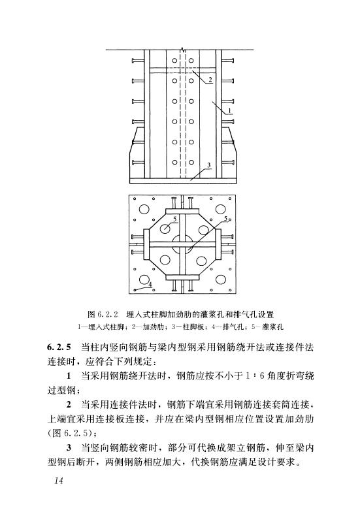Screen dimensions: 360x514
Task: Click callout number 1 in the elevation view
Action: [230, 111]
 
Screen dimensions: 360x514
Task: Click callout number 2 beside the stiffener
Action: [210, 79]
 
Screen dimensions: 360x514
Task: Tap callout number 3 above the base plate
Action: [209, 165]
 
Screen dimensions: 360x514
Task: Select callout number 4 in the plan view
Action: [150, 285]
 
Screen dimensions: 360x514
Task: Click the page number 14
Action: [59, 481]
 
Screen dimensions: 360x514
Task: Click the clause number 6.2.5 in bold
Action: [59, 347]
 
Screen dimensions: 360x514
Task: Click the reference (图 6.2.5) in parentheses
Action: [72, 433]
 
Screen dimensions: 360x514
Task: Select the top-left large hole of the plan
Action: [144, 208]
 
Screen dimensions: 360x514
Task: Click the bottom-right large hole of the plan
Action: [221, 280]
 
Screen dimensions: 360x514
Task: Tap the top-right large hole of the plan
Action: [221, 208]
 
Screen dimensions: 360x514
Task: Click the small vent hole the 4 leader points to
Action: [135, 289]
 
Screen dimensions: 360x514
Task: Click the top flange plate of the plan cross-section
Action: [182, 210]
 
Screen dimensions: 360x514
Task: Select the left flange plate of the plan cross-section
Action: [146, 244]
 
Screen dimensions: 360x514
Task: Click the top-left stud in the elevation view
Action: [138, 61]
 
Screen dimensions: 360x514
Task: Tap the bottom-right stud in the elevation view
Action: [227, 162]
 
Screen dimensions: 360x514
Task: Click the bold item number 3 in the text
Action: [69, 447]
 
